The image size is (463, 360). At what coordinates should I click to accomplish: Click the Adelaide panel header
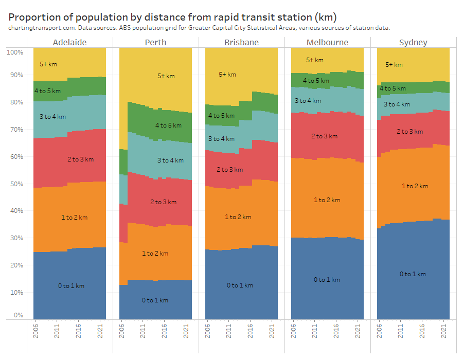[x=69, y=42]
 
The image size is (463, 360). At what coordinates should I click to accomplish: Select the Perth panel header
[x=155, y=42]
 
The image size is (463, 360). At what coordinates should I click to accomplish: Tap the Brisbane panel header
[x=241, y=42]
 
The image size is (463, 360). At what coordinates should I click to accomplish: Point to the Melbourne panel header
[x=327, y=42]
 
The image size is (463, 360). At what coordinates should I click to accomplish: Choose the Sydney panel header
[x=413, y=42]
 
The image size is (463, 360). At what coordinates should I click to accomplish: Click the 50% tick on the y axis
[x=15, y=184]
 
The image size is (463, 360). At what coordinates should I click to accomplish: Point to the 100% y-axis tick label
[x=14, y=52]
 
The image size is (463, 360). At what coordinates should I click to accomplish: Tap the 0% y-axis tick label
[x=17, y=315]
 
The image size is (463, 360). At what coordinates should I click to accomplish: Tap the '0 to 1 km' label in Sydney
[x=413, y=274]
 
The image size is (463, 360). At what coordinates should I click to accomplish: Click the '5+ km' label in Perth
[x=166, y=76]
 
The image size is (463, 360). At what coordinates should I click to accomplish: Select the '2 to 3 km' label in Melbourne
[x=324, y=136]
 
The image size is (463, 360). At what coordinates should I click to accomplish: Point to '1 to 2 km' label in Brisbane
[x=238, y=217]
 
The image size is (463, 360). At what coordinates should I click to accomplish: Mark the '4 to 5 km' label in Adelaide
[x=47, y=91]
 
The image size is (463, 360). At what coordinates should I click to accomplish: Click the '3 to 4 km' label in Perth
[x=170, y=160]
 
